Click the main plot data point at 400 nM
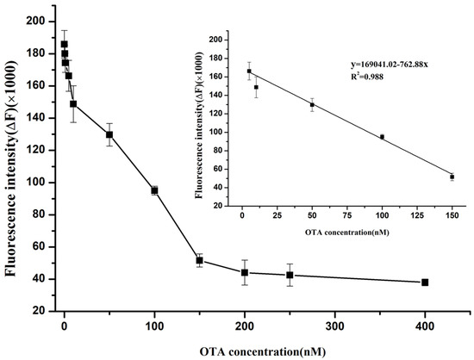click(425, 282)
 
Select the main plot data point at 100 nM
click(154, 190)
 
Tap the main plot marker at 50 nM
click(109, 134)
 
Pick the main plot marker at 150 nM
click(199, 260)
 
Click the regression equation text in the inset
click(387, 65)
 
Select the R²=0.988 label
click(371, 77)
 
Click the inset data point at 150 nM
click(452, 177)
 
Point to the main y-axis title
click(14, 164)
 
